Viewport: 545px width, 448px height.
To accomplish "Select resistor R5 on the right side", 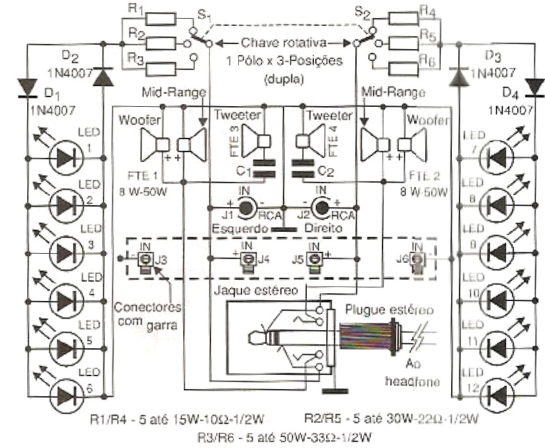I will click(x=401, y=45).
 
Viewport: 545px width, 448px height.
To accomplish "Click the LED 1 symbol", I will click(x=65, y=157).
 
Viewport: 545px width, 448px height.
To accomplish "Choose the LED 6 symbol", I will click(x=65, y=393).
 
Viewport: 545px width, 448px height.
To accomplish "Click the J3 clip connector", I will click(x=146, y=259).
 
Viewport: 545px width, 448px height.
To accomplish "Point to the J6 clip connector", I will click(x=418, y=260).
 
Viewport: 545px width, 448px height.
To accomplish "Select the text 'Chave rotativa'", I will click(x=276, y=43).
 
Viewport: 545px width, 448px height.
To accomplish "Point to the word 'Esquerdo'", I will click(x=238, y=229).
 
